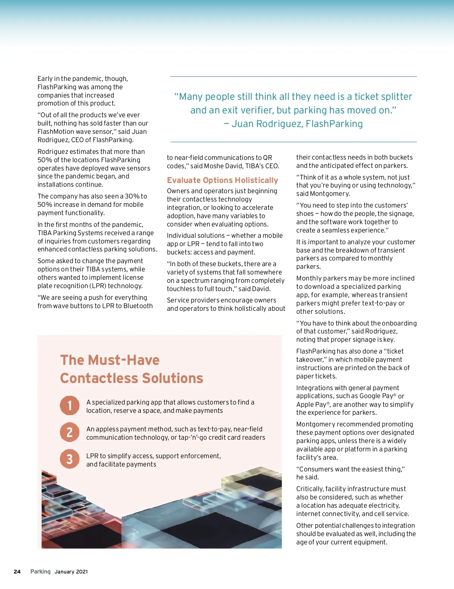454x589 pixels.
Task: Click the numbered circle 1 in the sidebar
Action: coord(70,405)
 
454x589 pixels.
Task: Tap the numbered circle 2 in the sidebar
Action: coord(70,432)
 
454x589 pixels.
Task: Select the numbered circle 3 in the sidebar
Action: coord(70,459)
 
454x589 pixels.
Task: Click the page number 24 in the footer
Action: coord(17,572)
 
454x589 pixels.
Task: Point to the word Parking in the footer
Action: coord(40,572)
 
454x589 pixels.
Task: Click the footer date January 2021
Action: coord(71,572)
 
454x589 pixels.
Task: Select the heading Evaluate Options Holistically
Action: coord(222,180)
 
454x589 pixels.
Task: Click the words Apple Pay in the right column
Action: coord(311,405)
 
